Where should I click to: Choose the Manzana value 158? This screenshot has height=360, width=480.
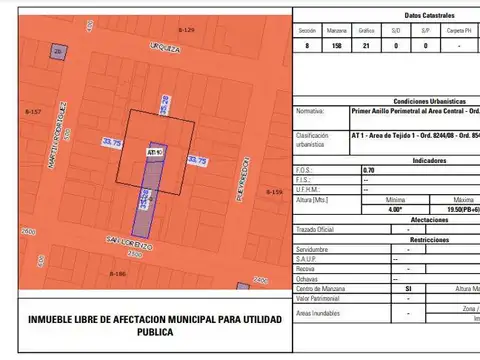click(x=337, y=45)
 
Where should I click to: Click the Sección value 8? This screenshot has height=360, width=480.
click(x=307, y=45)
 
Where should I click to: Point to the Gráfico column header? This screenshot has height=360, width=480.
click(x=367, y=31)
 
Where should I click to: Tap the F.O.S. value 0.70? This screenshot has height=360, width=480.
click(x=369, y=170)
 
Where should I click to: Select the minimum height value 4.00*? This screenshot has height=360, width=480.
click(x=395, y=209)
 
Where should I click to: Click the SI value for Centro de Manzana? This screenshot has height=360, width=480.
click(x=408, y=287)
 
